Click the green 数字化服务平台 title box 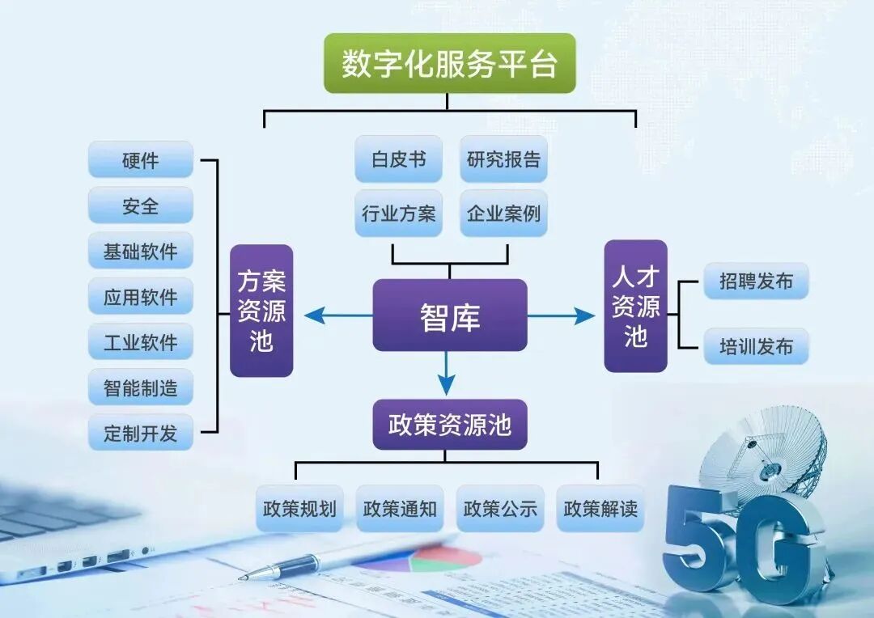[x=449, y=63]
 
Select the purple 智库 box [x=449, y=315]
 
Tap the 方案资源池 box [x=261, y=311]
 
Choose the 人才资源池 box [x=635, y=306]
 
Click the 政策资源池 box [x=449, y=425]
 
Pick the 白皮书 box [x=398, y=159]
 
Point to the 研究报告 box [x=503, y=159]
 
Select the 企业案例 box [x=503, y=214]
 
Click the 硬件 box [x=141, y=160]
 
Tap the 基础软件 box [x=141, y=251]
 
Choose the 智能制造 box [x=141, y=387]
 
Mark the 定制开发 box [x=141, y=433]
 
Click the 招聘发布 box [x=756, y=281]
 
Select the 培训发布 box [x=756, y=347]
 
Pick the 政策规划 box [x=299, y=509]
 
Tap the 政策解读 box [x=600, y=509]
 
